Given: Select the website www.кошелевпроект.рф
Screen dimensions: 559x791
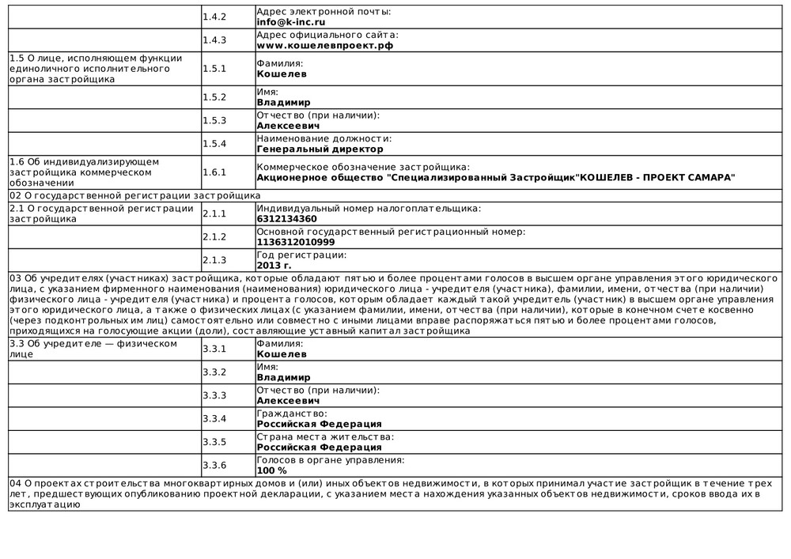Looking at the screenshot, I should [324, 45].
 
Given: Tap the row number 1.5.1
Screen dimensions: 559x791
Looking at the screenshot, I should [214, 69].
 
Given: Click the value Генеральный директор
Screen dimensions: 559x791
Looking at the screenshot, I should [320, 149].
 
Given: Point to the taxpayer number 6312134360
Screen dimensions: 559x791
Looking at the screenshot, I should [286, 219].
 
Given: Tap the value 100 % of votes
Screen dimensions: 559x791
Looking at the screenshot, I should [272, 470].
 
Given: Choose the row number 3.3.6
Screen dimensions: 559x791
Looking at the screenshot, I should [214, 465].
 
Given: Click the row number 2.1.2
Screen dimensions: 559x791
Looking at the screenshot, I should [214, 236].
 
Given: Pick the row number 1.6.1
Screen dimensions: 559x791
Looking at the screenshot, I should [214, 172].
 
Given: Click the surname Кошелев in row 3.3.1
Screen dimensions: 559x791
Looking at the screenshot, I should [282, 354].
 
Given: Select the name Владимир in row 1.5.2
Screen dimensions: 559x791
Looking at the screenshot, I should [283, 102].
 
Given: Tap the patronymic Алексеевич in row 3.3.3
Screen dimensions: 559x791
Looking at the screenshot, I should [288, 401].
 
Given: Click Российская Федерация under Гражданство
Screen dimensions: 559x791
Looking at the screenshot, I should [319, 424].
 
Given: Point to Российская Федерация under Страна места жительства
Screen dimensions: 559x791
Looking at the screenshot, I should [319, 448].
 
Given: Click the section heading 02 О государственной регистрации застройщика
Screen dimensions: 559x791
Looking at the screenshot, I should [134, 195].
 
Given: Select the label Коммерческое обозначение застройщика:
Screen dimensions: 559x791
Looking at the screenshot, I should [363, 167].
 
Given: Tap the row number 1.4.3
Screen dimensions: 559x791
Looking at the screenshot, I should [214, 40].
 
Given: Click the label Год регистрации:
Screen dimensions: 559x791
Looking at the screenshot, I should [301, 255].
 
